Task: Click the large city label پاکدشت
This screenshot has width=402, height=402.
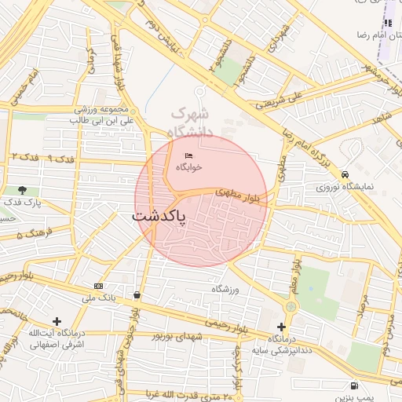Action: point(159,215)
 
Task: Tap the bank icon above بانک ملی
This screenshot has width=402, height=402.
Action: point(98,286)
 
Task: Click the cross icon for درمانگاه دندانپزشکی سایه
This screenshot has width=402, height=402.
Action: point(281,326)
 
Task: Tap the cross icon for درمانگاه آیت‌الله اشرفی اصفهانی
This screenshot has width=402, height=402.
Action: point(57,321)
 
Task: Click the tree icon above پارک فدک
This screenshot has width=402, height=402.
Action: point(22,190)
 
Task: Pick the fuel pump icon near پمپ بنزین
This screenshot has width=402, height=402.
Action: point(355,386)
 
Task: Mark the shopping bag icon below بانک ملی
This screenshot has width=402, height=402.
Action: point(137,295)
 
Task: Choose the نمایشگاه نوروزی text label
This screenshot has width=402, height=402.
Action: point(346,187)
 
